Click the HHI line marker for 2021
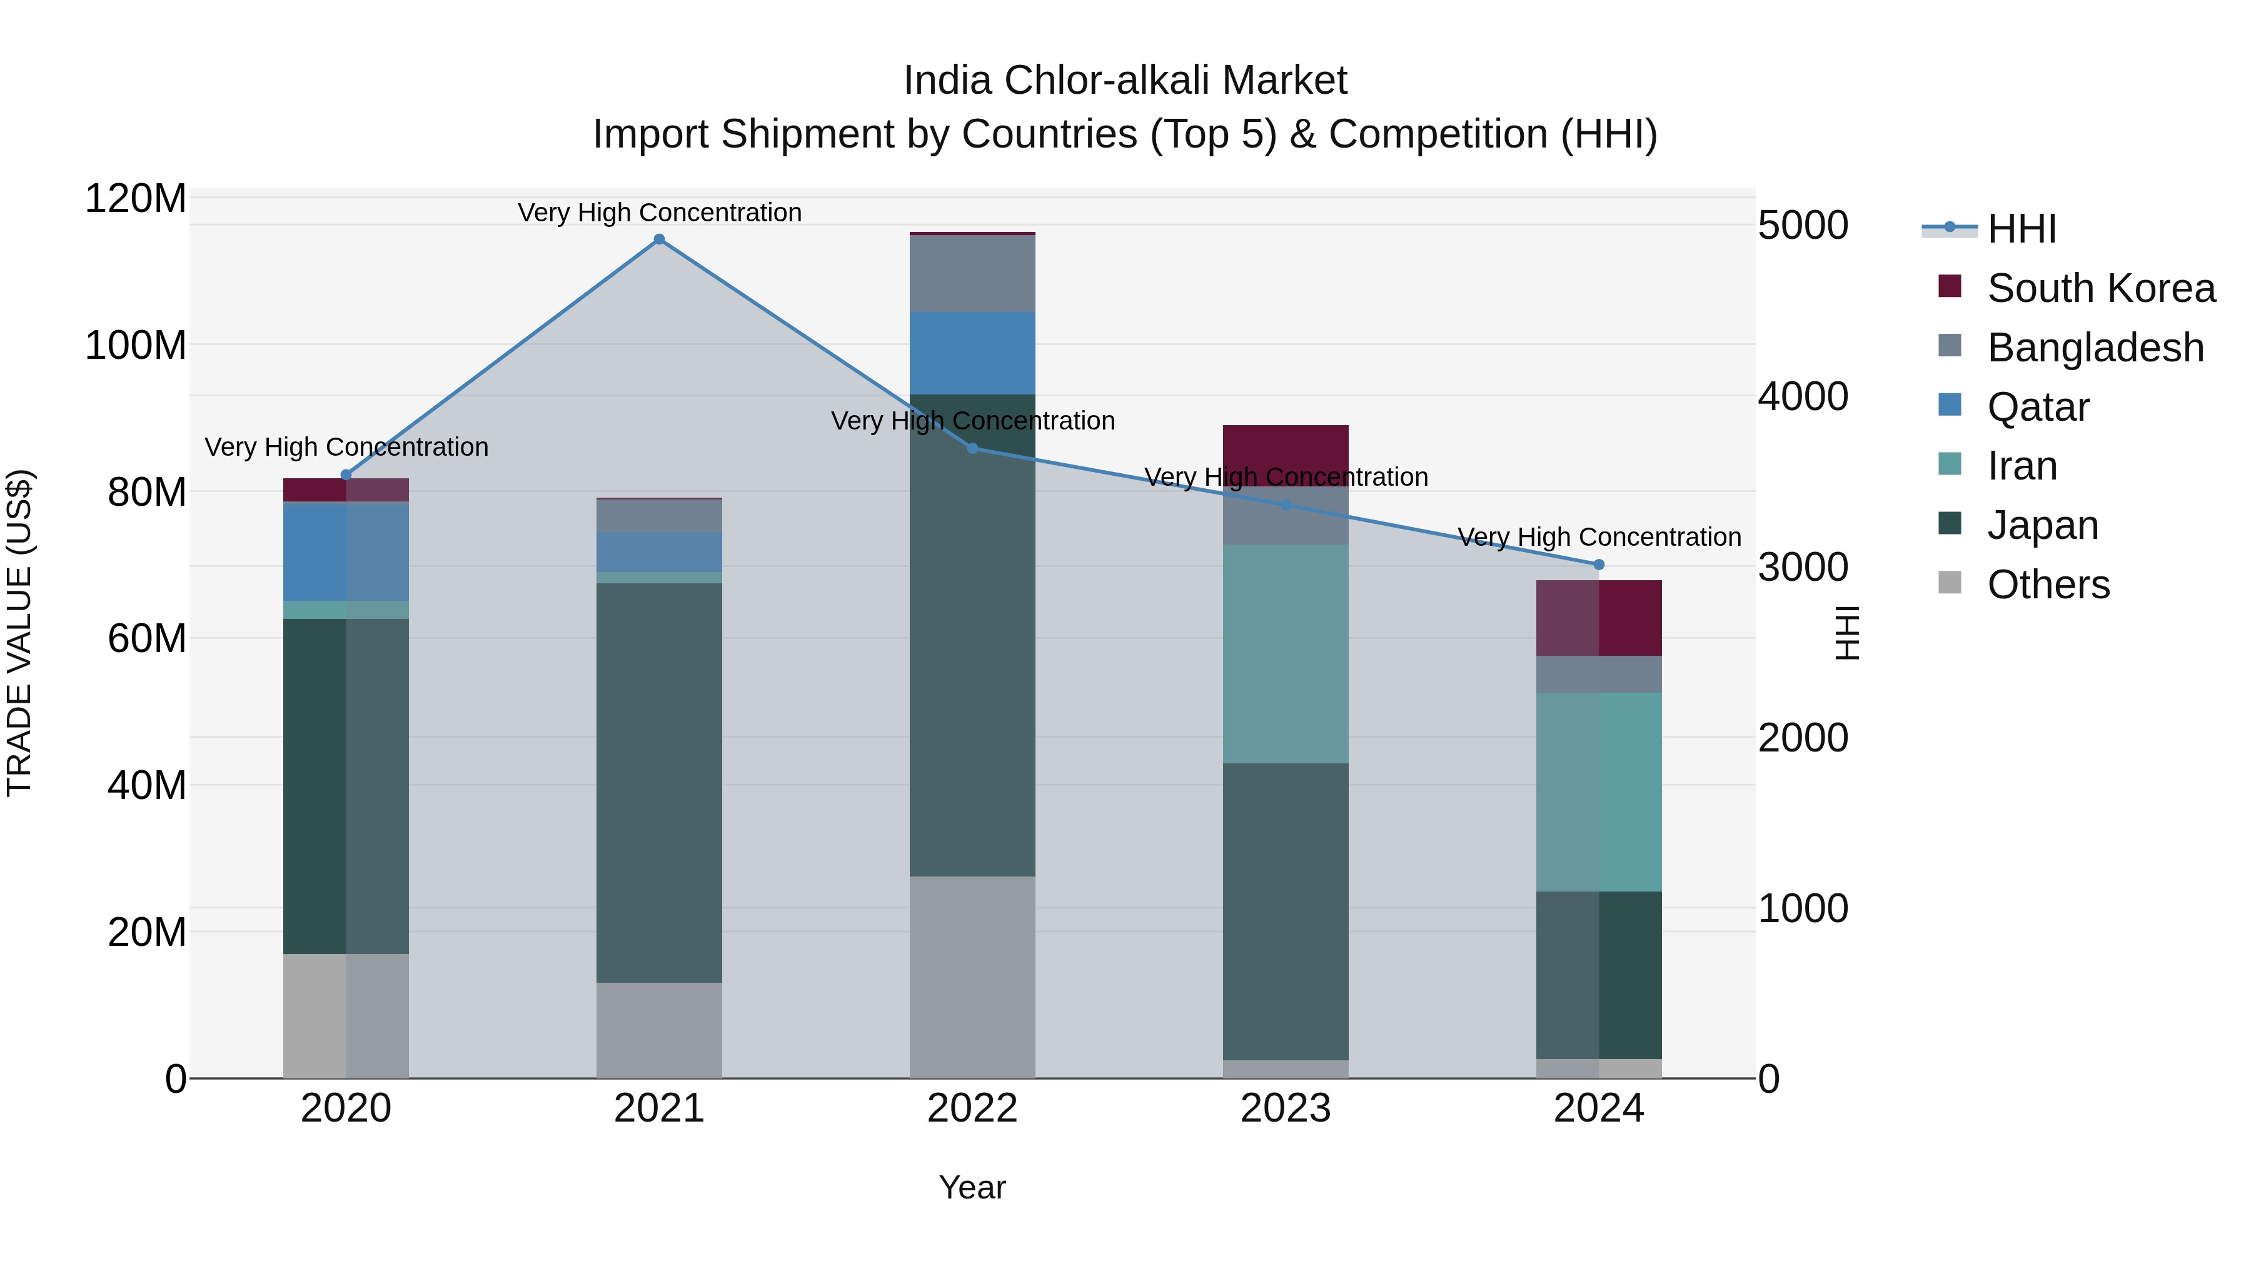coord(659,239)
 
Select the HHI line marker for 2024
coord(1599,565)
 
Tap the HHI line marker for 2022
coord(972,448)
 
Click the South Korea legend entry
coord(2101,288)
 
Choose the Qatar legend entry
coord(2038,407)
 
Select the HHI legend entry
coord(2021,229)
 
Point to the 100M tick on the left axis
coord(136,345)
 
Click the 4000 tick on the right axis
coord(1802,396)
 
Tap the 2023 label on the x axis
coord(1286,1108)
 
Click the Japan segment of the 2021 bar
coord(659,782)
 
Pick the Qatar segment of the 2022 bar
coord(972,353)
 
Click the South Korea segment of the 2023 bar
coord(1286,448)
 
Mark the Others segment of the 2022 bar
coord(972,977)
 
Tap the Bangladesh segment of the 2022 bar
coord(972,273)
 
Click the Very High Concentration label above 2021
coord(659,213)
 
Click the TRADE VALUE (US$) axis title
coord(20,633)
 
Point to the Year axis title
coord(972,1187)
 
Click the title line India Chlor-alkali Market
coord(1125,81)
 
